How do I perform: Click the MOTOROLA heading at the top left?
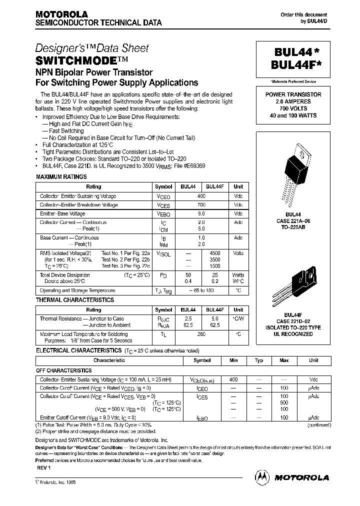(61, 14)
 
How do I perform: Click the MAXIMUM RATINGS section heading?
(61, 176)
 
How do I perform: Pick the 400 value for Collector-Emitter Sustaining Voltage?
(201, 196)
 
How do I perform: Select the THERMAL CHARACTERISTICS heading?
(75, 300)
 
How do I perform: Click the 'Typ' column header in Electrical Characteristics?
(259, 360)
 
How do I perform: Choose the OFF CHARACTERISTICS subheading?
(63, 370)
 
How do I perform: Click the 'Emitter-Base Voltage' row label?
(62, 213)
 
